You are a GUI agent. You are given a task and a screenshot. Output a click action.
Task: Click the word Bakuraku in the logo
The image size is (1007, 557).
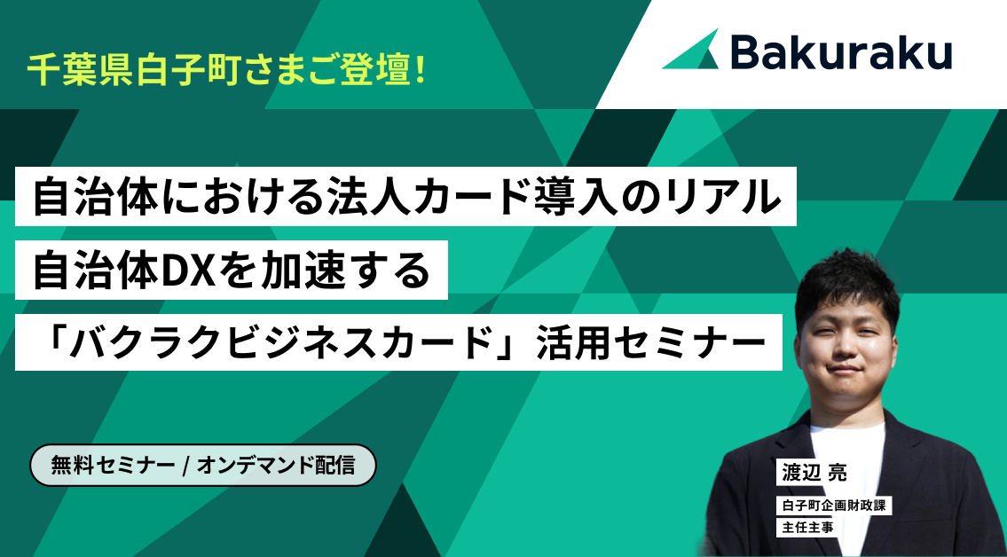841,51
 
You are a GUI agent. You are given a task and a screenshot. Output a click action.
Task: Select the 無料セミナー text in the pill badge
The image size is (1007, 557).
113,466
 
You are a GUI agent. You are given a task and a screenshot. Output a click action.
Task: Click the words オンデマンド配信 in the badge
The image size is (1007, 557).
276,466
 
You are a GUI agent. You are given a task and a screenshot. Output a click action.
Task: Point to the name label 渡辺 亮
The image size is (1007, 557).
814,473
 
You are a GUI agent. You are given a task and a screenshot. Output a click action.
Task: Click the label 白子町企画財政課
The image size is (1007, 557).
834,505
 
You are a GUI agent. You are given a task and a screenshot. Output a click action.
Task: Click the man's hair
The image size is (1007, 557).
846,282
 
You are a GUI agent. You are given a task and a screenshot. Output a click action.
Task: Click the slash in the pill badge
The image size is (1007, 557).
185,466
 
